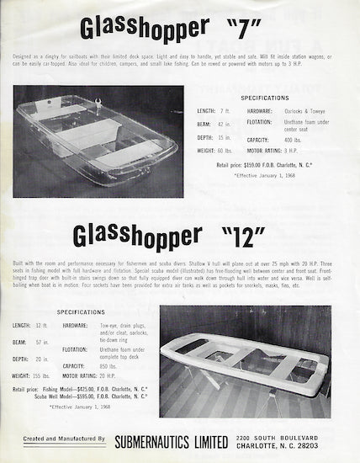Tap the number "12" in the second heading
point(254,230)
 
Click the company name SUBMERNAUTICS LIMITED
point(171,439)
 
